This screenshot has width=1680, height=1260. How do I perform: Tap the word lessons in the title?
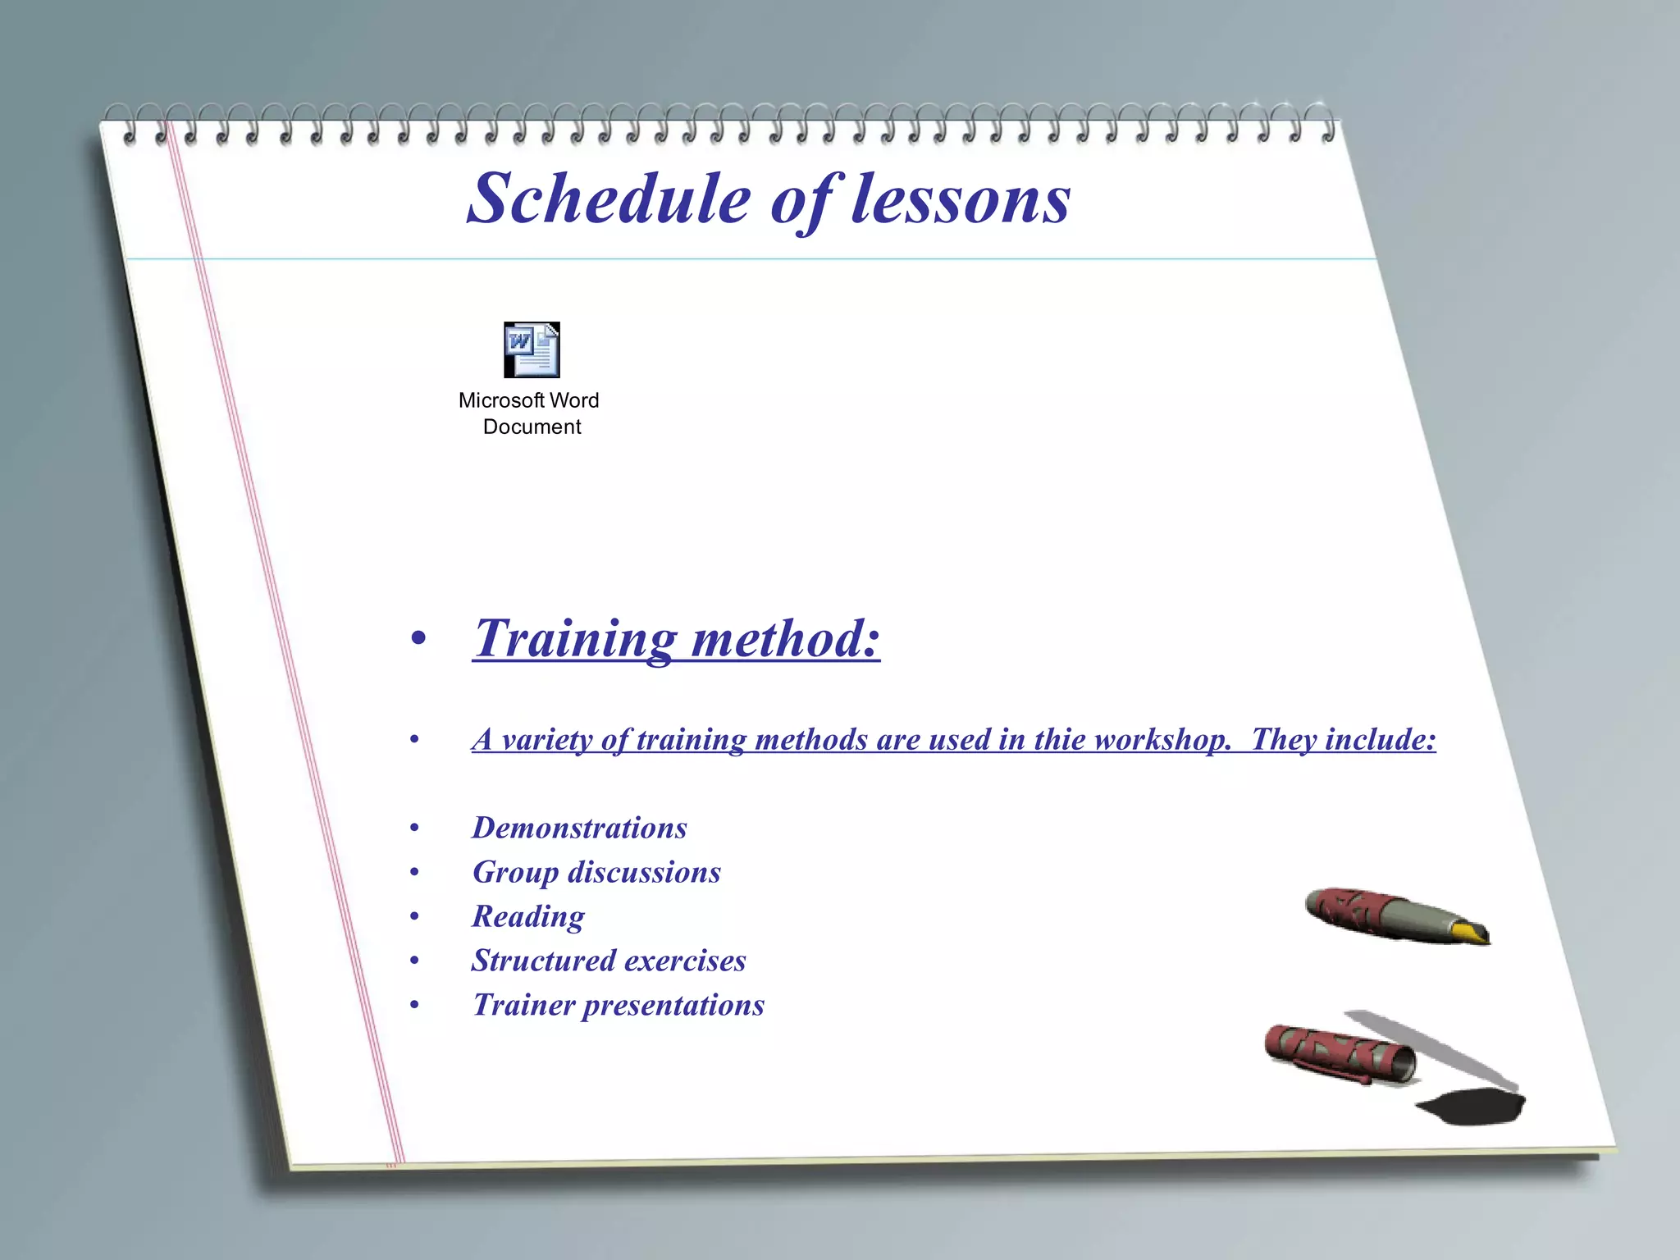click(961, 199)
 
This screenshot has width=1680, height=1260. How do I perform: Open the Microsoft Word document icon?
click(532, 350)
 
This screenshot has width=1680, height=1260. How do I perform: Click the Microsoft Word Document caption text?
click(529, 413)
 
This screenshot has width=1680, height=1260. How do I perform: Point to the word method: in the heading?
click(786, 639)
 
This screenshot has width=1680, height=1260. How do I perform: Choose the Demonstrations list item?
click(579, 828)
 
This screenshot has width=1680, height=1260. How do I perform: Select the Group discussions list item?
click(596, 872)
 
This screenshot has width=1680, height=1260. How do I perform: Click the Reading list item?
click(528, 916)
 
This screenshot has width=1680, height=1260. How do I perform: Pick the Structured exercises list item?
click(609, 961)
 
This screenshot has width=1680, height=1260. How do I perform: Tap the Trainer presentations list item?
click(619, 1005)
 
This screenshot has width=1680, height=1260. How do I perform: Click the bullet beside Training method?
click(418, 639)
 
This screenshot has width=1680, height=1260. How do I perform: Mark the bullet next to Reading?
click(415, 916)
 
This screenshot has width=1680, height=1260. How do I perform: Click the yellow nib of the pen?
click(1472, 933)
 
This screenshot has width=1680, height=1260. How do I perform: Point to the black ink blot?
click(1472, 1107)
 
